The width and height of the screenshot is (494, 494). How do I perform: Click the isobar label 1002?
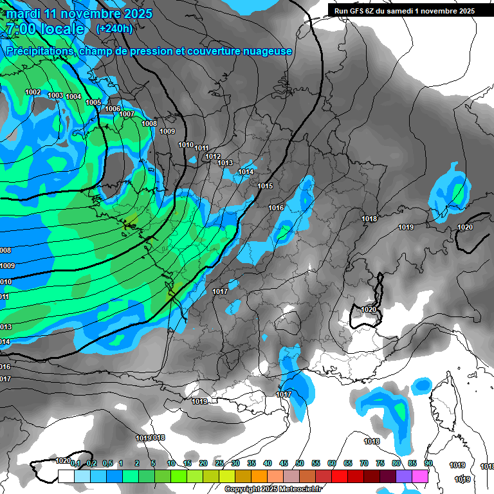click(33, 92)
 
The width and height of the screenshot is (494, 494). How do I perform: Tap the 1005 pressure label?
click(93, 102)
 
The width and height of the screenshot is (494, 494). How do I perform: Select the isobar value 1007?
click(127, 114)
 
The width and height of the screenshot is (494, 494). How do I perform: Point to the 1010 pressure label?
click(186, 145)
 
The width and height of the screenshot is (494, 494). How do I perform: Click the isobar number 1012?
click(213, 156)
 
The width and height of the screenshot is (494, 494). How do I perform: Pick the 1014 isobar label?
click(246, 172)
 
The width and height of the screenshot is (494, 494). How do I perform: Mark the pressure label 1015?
click(265, 186)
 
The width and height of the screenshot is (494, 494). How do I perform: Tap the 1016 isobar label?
click(277, 208)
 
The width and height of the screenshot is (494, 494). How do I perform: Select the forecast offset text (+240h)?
click(114, 28)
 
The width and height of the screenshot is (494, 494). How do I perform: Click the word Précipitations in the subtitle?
click(38, 51)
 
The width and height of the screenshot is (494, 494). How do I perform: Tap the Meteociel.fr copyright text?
click(273, 489)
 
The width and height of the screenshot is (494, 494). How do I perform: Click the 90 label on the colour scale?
click(428, 463)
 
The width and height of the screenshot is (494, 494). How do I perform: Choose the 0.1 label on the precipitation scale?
click(75, 463)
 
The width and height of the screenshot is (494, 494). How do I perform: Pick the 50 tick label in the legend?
click(300, 463)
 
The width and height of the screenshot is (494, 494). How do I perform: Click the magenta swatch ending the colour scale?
click(420, 476)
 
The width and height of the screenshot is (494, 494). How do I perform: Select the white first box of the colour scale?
click(66, 476)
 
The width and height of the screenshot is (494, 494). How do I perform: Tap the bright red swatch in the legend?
click(340, 476)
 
